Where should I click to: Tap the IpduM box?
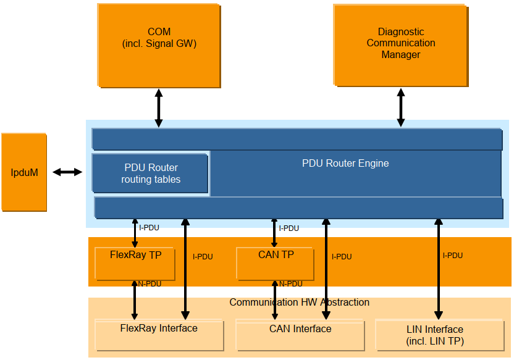(x=24, y=172)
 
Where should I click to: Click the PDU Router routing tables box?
(x=150, y=174)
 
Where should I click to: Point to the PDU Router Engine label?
(x=345, y=164)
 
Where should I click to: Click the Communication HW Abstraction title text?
(x=299, y=303)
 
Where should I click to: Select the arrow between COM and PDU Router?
(x=159, y=108)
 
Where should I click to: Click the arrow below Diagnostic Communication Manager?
(x=401, y=107)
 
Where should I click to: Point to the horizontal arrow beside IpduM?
(x=67, y=172)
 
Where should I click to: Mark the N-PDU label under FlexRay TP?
(x=150, y=284)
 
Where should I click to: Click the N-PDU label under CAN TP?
(x=290, y=284)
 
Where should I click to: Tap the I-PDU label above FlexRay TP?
(x=149, y=228)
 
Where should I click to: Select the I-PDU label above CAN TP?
(x=289, y=228)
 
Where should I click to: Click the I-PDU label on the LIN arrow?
(x=452, y=256)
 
